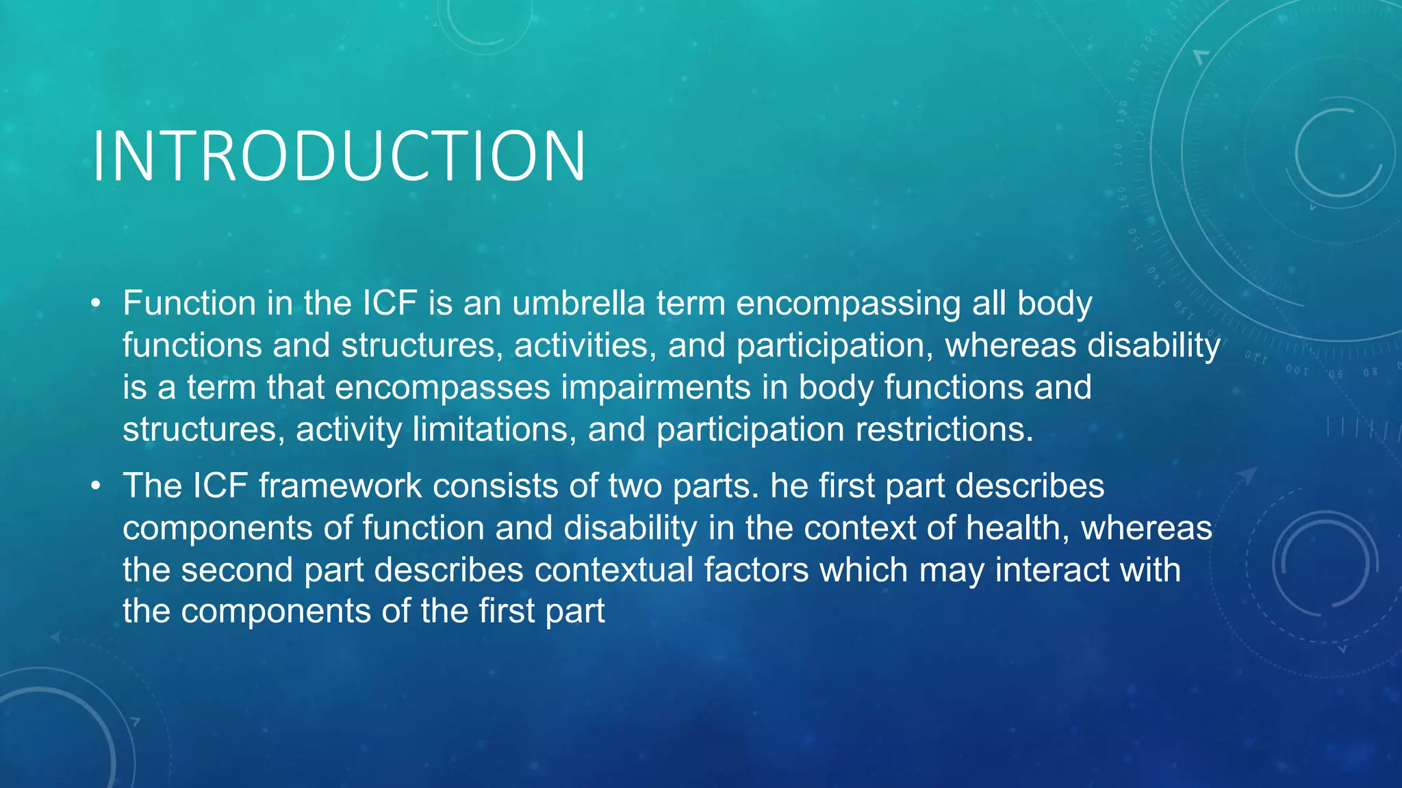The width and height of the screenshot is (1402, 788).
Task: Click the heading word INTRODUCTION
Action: point(339,157)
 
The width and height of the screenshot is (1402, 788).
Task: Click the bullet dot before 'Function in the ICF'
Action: point(96,303)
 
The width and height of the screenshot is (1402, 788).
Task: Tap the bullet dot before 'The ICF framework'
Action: point(96,486)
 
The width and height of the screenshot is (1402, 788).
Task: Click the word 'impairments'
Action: point(656,388)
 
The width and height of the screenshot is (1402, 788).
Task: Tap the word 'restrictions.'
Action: point(944,430)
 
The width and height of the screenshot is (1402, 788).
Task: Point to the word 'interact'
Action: point(1050,570)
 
